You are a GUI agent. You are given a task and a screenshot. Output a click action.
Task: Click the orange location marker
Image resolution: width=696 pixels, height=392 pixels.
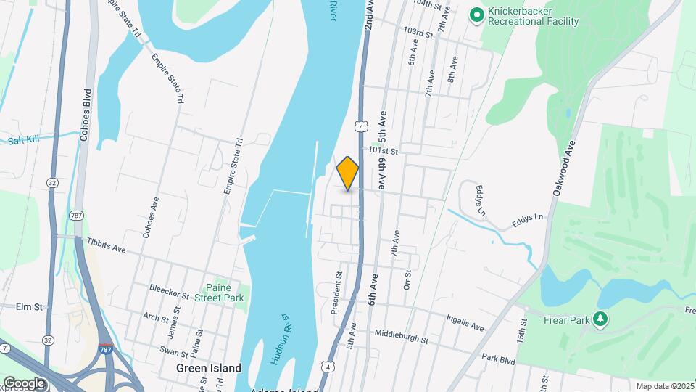[348, 173]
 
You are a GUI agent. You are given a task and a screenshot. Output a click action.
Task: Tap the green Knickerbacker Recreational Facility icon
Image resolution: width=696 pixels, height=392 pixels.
[476, 15]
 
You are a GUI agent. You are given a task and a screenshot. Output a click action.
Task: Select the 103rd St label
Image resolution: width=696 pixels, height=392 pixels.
[419, 33]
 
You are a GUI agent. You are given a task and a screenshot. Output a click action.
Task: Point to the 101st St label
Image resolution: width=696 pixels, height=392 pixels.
[384, 150]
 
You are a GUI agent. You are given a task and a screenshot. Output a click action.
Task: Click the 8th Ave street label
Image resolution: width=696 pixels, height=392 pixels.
[453, 68]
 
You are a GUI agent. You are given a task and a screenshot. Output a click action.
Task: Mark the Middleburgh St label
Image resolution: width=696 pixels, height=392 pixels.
[402, 336]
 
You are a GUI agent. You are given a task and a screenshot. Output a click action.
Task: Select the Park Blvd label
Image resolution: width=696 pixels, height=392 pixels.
[498, 358]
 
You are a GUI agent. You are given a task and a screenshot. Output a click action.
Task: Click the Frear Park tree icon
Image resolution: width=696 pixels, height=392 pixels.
[600, 319]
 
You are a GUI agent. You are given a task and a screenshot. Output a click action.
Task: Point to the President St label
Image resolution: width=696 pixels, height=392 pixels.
[336, 293]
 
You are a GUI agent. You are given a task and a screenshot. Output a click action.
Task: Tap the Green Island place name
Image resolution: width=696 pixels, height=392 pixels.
[209, 368]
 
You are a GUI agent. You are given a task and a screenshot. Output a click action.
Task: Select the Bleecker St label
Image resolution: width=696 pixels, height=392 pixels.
[169, 296]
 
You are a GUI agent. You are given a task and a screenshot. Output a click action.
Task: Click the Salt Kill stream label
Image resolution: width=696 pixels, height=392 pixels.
[28, 141]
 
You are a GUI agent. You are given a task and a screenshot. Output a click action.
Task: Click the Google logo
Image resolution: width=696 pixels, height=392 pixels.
[24, 383]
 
